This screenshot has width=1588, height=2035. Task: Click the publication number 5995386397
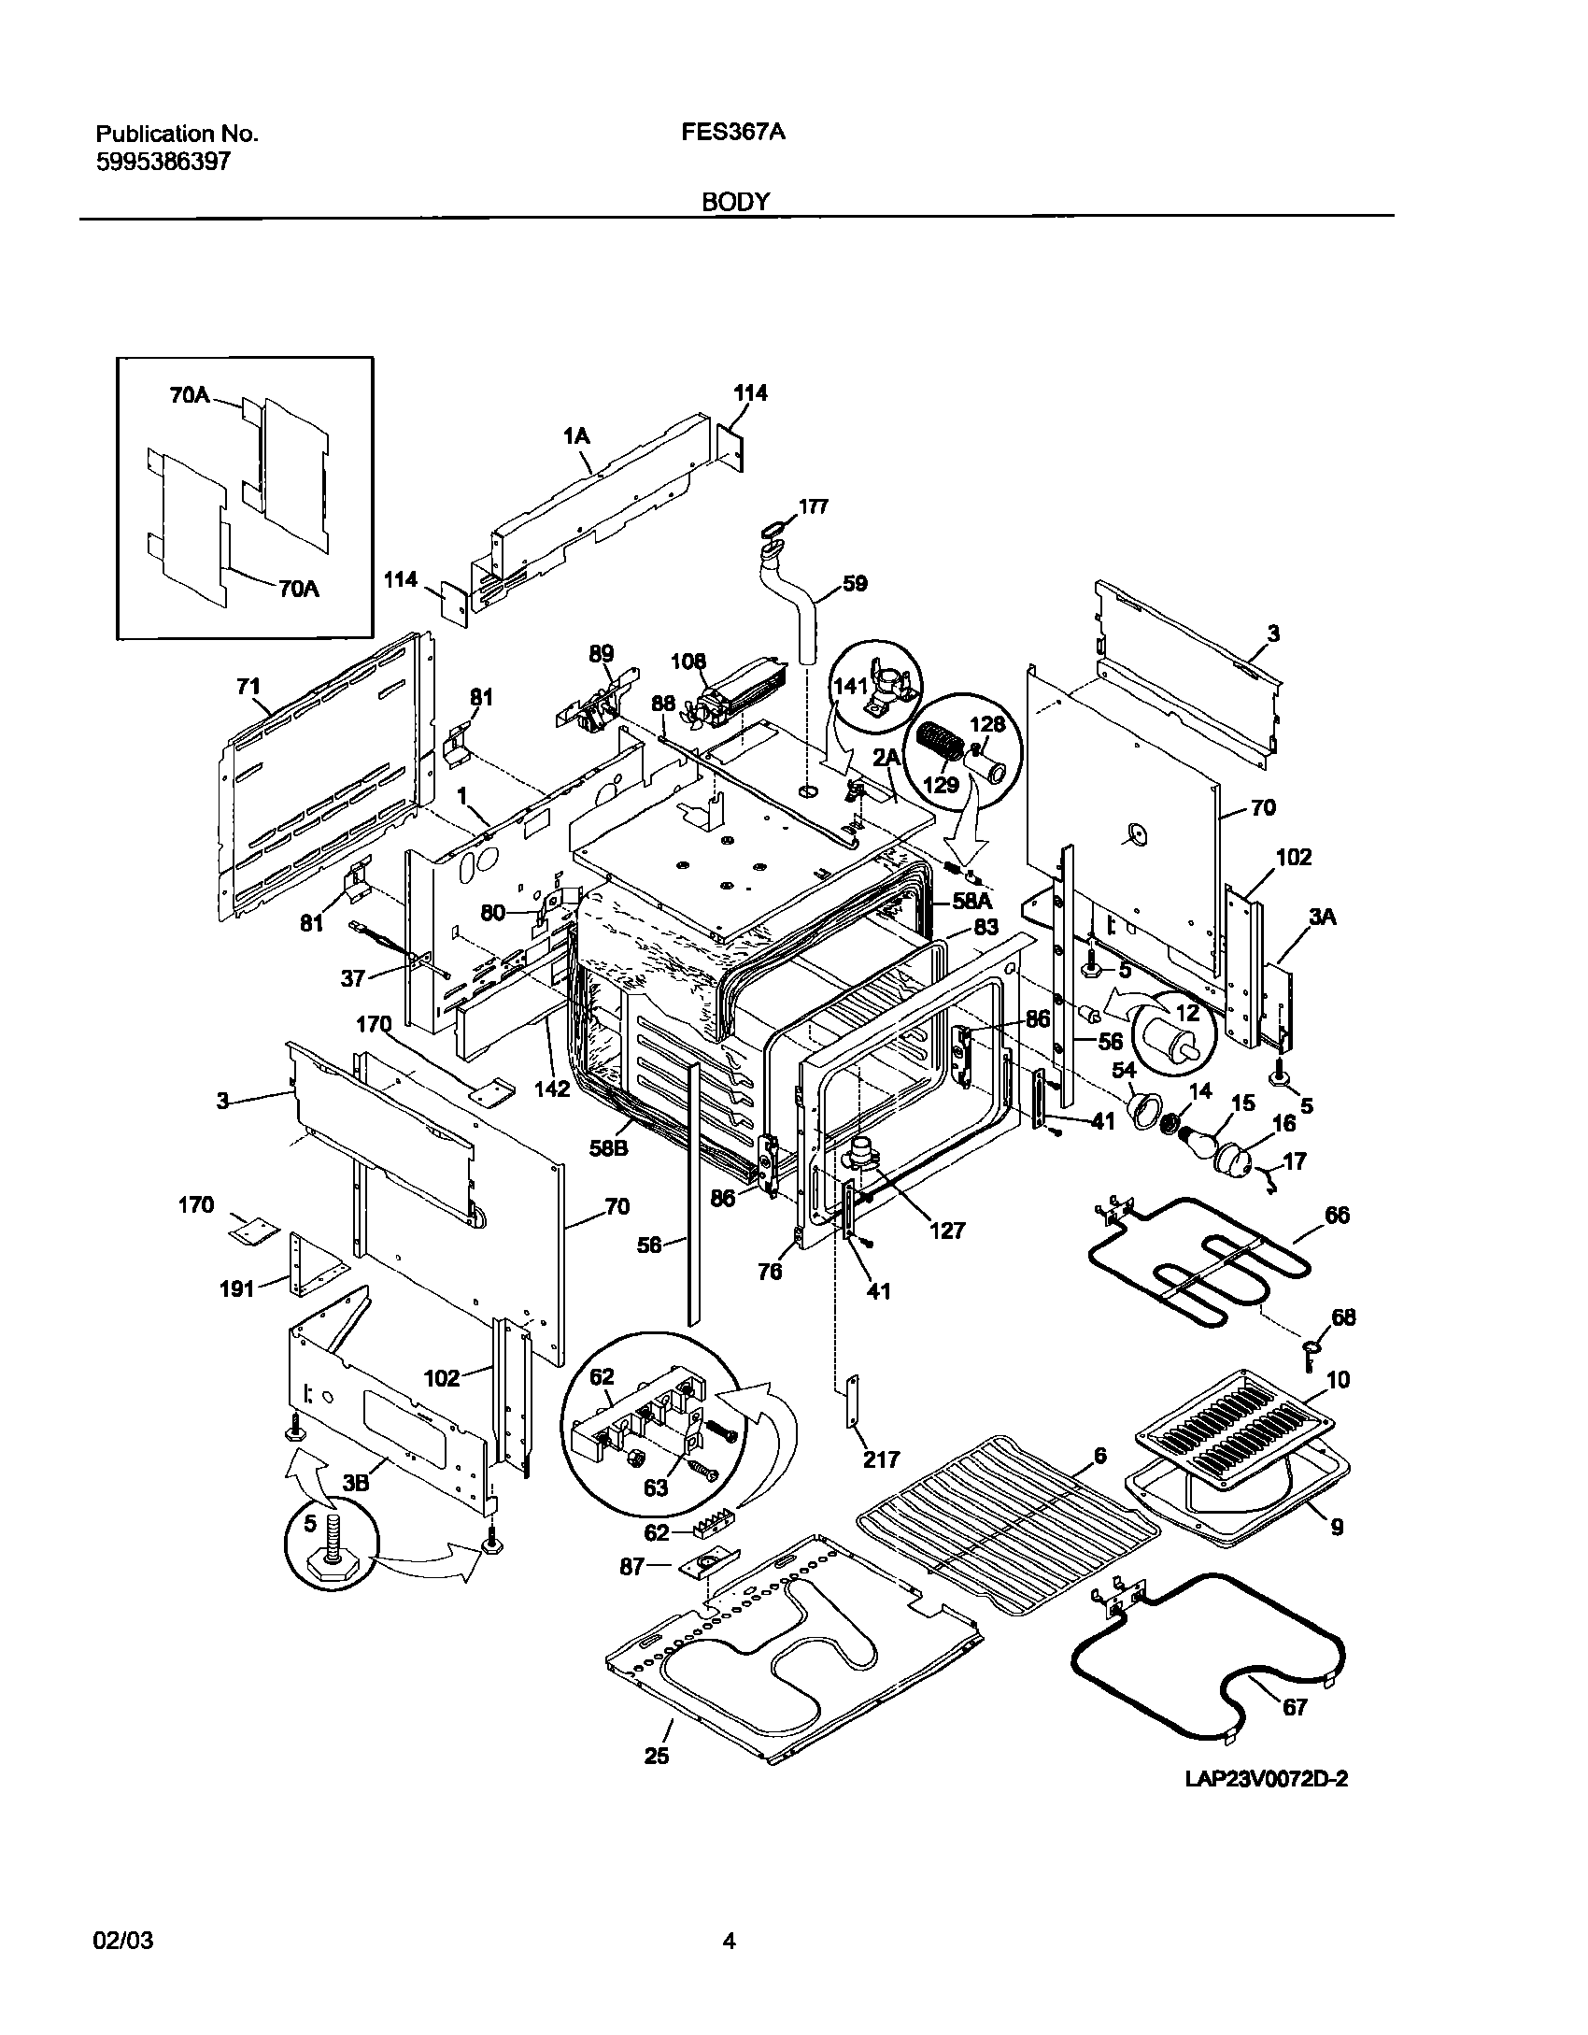point(163,162)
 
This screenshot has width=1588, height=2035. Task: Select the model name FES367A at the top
point(733,133)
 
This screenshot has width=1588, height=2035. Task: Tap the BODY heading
point(736,202)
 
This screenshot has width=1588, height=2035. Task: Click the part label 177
point(813,507)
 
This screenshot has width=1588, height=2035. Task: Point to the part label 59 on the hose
point(854,584)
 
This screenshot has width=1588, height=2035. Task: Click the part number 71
point(248,688)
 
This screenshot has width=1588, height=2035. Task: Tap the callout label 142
point(552,1089)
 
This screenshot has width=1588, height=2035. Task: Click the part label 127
point(946,1231)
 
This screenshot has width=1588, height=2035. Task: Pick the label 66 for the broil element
point(1337,1216)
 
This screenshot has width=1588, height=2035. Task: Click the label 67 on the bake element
point(1294,1707)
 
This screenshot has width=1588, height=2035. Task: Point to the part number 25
point(657,1756)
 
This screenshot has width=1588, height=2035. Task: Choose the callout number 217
point(881,1459)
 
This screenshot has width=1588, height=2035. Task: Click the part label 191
point(236,1289)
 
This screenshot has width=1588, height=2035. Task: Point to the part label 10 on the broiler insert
point(1338,1380)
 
